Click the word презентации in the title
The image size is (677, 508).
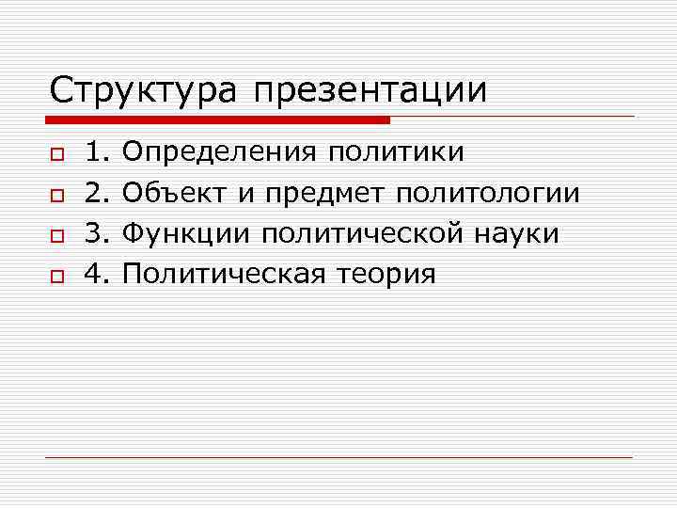pos(370,91)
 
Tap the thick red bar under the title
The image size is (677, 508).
pos(217,120)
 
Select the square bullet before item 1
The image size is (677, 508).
pos(56,152)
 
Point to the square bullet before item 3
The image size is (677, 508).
pos(56,234)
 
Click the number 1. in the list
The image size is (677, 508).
pos(98,151)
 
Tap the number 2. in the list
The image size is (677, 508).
pos(98,192)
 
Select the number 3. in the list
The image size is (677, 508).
pos(98,232)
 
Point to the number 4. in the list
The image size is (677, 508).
pos(98,274)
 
